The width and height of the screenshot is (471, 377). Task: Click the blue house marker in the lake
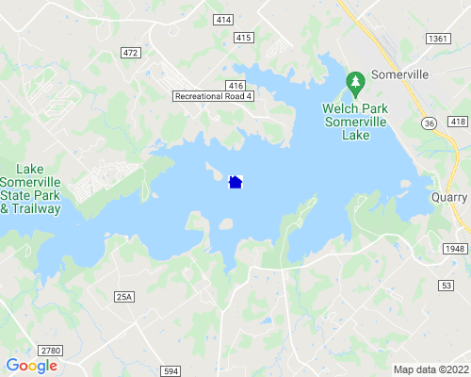click(235, 182)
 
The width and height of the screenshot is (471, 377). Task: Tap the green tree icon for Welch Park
click(355, 85)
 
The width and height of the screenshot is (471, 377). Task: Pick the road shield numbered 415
click(243, 38)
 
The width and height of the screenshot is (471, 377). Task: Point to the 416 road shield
click(235, 85)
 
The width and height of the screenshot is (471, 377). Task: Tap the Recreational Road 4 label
click(214, 96)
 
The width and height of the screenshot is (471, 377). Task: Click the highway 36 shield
click(430, 123)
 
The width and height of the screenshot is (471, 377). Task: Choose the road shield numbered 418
click(458, 123)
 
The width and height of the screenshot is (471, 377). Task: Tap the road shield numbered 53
click(447, 284)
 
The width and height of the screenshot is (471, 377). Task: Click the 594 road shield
click(171, 370)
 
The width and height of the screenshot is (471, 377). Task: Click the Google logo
click(31, 366)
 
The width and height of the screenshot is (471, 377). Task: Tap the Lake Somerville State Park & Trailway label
click(31, 188)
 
